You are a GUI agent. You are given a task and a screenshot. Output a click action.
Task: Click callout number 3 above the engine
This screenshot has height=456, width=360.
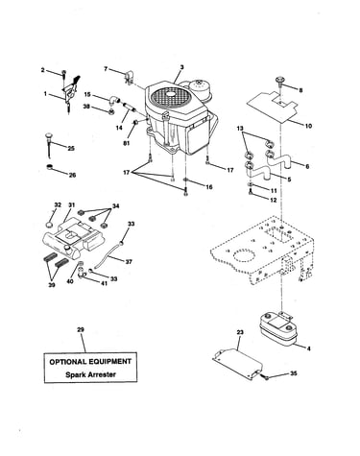[181, 67]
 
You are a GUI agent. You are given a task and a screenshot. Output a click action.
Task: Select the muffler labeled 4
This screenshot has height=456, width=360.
[277, 328]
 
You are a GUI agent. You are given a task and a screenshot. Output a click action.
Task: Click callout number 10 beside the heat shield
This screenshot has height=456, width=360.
[308, 126]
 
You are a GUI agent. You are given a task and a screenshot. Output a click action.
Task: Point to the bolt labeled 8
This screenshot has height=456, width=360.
[280, 80]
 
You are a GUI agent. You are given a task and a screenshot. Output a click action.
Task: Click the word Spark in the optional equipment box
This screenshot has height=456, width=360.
[76, 374]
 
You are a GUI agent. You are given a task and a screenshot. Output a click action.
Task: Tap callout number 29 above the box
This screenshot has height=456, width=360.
[81, 329]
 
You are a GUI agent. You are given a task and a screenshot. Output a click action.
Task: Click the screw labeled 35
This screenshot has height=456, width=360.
[266, 377]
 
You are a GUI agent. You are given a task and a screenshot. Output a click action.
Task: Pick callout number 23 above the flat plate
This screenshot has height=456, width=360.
[240, 332]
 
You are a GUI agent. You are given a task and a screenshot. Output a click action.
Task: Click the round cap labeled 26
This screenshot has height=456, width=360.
[50, 166]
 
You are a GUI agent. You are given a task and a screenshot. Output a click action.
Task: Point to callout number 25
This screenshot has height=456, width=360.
[71, 148]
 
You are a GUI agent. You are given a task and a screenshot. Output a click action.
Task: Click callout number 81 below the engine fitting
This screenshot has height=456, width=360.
[127, 143]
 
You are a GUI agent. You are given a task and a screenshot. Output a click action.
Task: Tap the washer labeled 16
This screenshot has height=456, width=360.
[185, 180]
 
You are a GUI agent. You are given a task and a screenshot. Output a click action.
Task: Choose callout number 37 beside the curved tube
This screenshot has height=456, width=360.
[129, 262]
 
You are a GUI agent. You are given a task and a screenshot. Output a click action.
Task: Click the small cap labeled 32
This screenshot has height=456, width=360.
[49, 224]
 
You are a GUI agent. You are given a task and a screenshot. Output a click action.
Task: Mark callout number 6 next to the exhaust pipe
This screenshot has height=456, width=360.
[307, 166]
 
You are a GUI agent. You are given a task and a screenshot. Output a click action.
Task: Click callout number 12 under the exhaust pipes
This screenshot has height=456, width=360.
[274, 201]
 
